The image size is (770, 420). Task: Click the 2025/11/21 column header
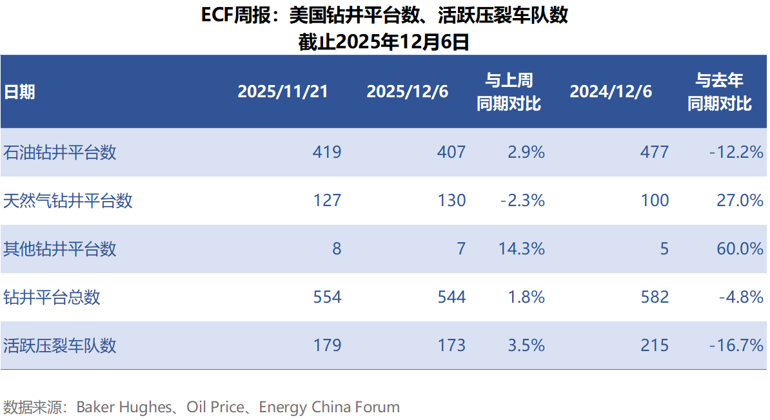pyautogui.click(x=282, y=91)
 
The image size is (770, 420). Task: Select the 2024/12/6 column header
pyautogui.click(x=611, y=91)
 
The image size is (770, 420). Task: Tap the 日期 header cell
pyautogui.click(x=20, y=91)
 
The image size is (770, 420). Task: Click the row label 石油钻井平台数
pyautogui.click(x=60, y=152)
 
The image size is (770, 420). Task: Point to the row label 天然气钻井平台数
pyautogui.click(x=68, y=200)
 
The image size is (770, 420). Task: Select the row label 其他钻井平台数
pyautogui.click(x=60, y=249)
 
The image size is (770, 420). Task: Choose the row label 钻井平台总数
pyautogui.click(x=52, y=297)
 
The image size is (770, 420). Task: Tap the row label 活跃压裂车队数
pyautogui.click(x=60, y=345)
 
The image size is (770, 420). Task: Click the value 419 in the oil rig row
pyautogui.click(x=327, y=152)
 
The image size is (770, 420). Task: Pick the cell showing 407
pyautogui.click(x=451, y=152)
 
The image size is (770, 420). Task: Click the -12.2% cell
pyautogui.click(x=736, y=152)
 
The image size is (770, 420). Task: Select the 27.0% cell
pyautogui.click(x=740, y=200)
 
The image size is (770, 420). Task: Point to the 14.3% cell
pyautogui.click(x=522, y=249)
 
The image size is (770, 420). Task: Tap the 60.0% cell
pyautogui.click(x=740, y=249)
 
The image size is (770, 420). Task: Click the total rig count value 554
pyautogui.click(x=327, y=297)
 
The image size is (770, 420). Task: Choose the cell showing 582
pyautogui.click(x=655, y=297)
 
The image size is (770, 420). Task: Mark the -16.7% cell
pyautogui.click(x=736, y=345)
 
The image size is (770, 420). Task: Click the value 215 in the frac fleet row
pyautogui.click(x=655, y=345)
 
